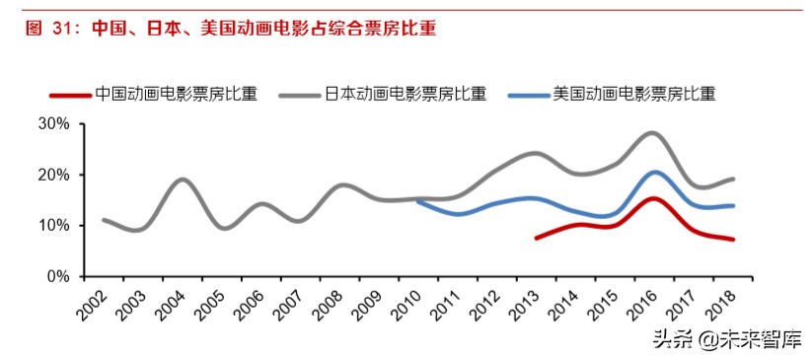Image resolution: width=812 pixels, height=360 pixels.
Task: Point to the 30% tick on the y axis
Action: [53, 124]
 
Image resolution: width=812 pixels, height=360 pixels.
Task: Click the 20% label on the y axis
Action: [53, 176]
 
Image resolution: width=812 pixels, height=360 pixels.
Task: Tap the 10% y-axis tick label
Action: [53, 226]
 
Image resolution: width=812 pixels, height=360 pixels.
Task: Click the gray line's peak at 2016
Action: [653, 132]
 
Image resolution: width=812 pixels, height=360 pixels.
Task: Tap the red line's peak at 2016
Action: [653, 198]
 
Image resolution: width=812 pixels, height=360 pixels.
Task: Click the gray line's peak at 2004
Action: [183, 180]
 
